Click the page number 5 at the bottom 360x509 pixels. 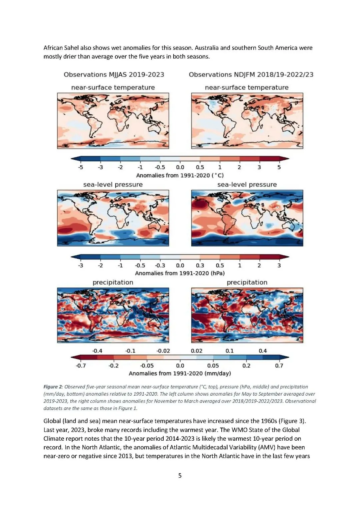180,475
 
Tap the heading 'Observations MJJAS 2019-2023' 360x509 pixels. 114,75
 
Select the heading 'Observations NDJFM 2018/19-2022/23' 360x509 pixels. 251,75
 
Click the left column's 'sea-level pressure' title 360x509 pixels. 113,185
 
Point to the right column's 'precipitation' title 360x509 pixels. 247,282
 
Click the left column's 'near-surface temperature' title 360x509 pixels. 113,87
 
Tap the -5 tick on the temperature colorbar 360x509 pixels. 80,167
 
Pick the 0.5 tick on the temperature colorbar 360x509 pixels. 200,167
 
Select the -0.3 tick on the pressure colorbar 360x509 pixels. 160,265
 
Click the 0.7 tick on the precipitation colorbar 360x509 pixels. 279,366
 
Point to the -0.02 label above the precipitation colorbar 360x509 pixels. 163,351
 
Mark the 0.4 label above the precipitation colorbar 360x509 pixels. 263,351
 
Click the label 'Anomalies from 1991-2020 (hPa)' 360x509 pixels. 180,273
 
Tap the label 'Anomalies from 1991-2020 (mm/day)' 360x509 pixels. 180,373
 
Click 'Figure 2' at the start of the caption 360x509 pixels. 53,387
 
